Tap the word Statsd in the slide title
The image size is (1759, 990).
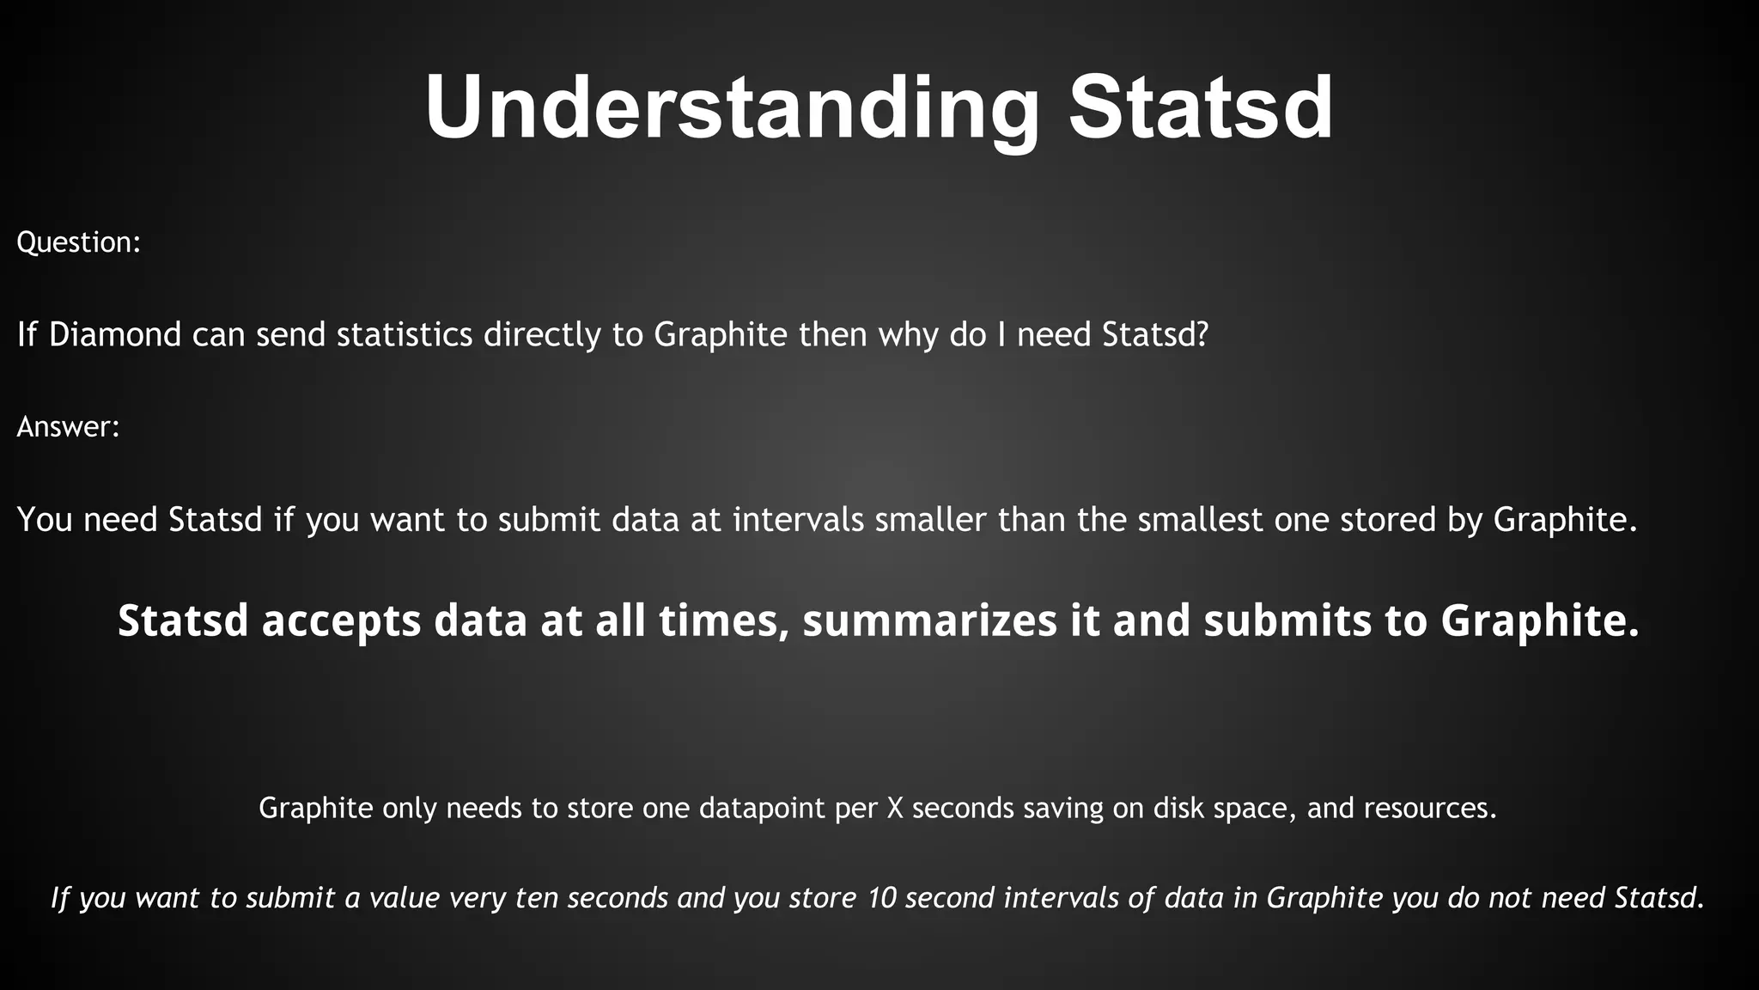tap(1201, 108)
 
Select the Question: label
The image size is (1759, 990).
tap(78, 242)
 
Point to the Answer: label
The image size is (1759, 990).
tap(68, 426)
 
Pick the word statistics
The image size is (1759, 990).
tap(405, 334)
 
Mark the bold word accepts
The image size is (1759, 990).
tap(341, 621)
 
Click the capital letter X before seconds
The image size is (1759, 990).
tap(894, 808)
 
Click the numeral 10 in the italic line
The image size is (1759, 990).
tap(881, 898)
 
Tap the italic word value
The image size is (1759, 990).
tap(404, 898)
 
